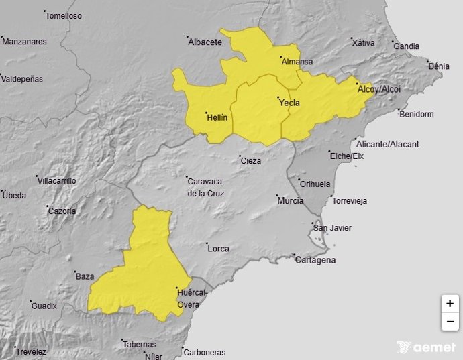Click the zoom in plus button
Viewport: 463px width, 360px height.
(449, 303)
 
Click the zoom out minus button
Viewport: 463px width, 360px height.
(449, 322)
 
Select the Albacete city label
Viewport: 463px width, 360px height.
(205, 42)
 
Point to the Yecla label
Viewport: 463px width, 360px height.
(289, 103)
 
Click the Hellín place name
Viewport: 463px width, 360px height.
(217, 117)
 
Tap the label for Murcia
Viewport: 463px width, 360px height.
(291, 200)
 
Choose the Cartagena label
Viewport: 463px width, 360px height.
(316, 260)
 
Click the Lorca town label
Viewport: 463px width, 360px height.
(219, 249)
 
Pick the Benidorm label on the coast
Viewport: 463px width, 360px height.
(417, 114)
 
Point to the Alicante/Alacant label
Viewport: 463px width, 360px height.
(389, 144)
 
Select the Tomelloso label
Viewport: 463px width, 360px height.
(65, 15)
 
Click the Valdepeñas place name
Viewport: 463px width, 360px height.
(22, 79)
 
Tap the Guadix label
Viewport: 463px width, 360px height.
(44, 306)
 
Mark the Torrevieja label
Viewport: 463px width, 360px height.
(350, 201)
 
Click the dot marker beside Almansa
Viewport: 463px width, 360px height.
(280, 58)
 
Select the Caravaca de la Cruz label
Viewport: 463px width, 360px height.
(206, 186)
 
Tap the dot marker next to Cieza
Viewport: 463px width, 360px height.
(240, 157)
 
